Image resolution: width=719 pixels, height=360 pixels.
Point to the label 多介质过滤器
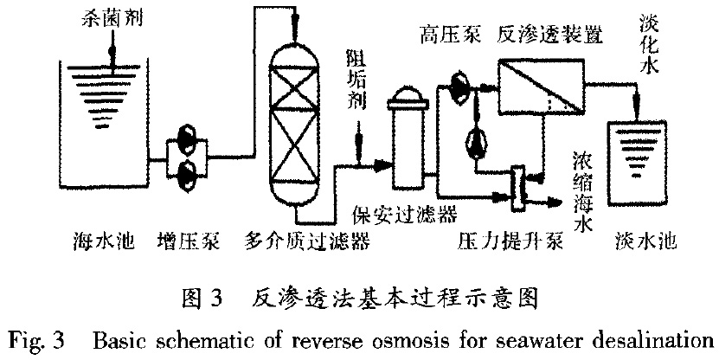click(309, 239)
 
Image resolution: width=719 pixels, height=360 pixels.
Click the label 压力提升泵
click(510, 239)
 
